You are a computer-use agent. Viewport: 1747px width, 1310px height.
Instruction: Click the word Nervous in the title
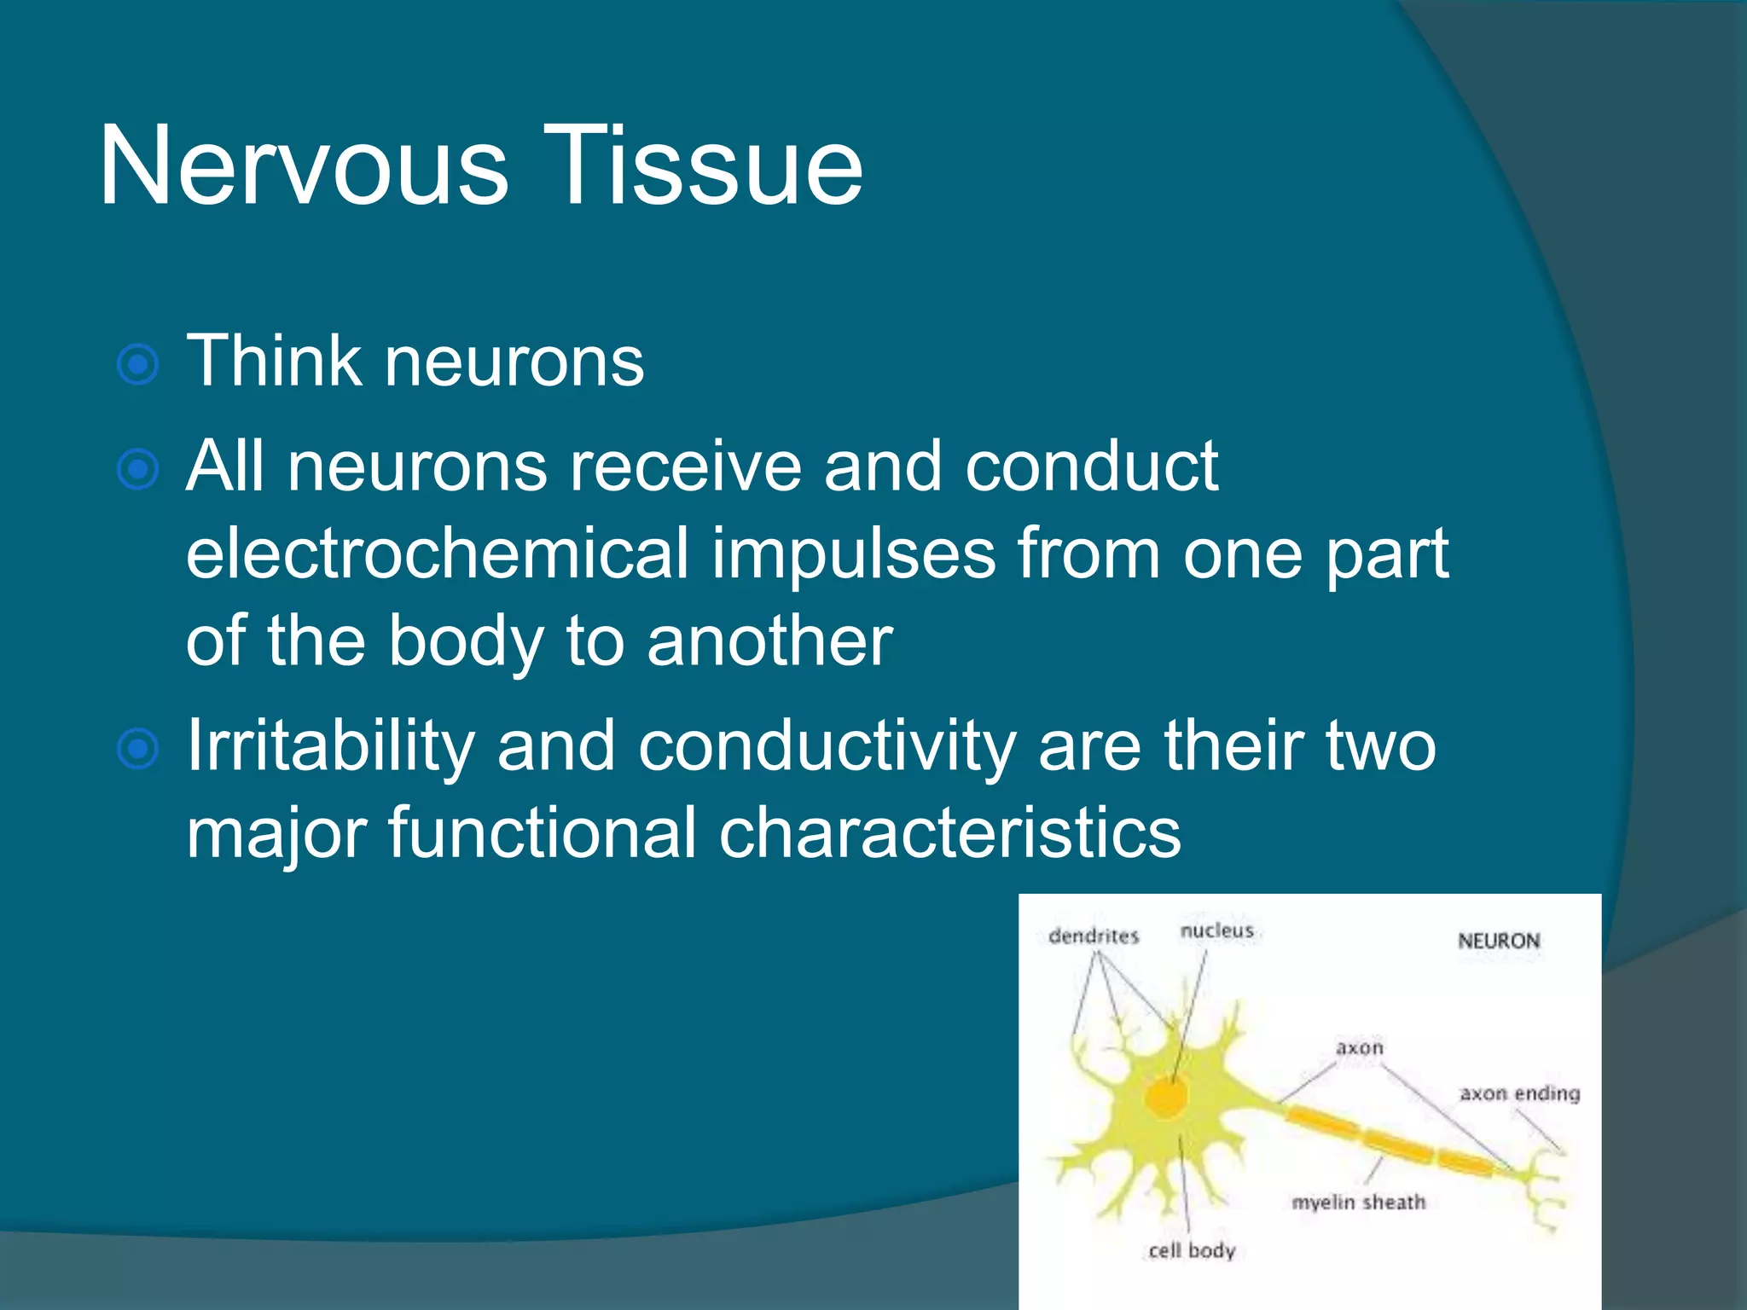coord(304,166)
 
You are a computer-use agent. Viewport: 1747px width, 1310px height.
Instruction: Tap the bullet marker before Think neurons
coord(137,365)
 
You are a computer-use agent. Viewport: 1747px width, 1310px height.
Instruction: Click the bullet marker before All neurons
coord(137,469)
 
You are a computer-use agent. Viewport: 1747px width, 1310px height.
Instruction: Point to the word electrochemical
coord(437,554)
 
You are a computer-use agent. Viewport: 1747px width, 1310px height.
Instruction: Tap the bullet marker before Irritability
coord(137,749)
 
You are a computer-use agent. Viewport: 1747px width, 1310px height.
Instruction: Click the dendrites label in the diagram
coord(1094,936)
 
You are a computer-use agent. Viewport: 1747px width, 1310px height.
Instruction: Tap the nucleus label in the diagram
coord(1216,930)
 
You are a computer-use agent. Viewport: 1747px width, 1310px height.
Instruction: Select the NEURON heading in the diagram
coord(1499,941)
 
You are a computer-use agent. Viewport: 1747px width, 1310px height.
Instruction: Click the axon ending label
coord(1519,1093)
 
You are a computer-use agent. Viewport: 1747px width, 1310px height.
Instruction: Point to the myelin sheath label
coord(1358,1203)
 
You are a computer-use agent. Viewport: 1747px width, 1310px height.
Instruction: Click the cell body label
coord(1192,1251)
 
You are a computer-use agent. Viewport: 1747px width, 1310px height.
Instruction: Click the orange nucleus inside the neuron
coord(1166,1098)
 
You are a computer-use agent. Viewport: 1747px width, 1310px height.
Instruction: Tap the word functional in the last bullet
coord(543,833)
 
